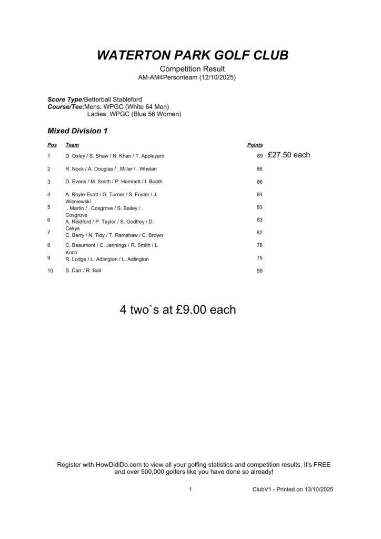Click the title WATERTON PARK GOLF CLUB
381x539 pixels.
tap(193, 56)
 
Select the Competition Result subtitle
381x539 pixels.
tap(192, 69)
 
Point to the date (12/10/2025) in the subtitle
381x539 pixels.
tap(217, 77)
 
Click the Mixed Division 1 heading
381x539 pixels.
tap(78, 131)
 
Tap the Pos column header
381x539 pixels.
tap(52, 145)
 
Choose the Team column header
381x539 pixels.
tap(72, 145)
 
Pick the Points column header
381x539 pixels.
tap(255, 145)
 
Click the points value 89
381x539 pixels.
tap(259, 156)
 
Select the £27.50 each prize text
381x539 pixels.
tap(289, 155)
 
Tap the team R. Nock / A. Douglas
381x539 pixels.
tap(111, 169)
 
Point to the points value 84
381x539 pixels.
tap(259, 195)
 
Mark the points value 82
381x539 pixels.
tap(259, 233)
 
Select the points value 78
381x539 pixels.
tap(259, 245)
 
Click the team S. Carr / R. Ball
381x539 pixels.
tap(83, 271)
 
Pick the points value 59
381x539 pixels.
tap(259, 271)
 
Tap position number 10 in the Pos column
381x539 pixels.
tap(50, 271)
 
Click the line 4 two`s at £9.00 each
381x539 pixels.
tap(178, 310)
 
